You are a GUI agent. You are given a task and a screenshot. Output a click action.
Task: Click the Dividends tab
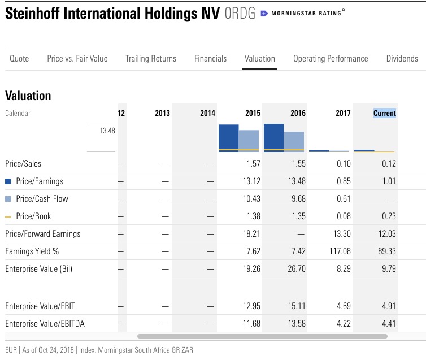point(402,58)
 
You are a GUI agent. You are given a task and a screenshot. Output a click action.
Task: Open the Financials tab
point(210,58)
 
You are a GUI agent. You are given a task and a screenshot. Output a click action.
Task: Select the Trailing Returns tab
point(151,58)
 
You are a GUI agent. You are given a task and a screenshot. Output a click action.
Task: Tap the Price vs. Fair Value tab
point(77,58)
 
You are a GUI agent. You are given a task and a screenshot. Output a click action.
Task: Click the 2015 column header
point(253,113)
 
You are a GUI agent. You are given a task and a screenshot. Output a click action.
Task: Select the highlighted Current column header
point(385,113)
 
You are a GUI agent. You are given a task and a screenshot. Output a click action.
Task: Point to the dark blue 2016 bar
point(273,137)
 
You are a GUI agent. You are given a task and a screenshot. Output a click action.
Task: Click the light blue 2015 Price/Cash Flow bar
point(249,141)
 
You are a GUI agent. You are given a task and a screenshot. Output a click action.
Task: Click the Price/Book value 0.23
point(388,216)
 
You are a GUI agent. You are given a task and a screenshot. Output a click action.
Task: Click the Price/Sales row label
point(23,164)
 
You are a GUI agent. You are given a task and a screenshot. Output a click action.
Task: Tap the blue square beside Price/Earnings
point(8,181)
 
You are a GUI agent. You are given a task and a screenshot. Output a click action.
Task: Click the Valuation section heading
point(28,96)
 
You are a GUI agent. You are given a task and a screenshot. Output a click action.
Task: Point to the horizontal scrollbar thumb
point(262,336)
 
